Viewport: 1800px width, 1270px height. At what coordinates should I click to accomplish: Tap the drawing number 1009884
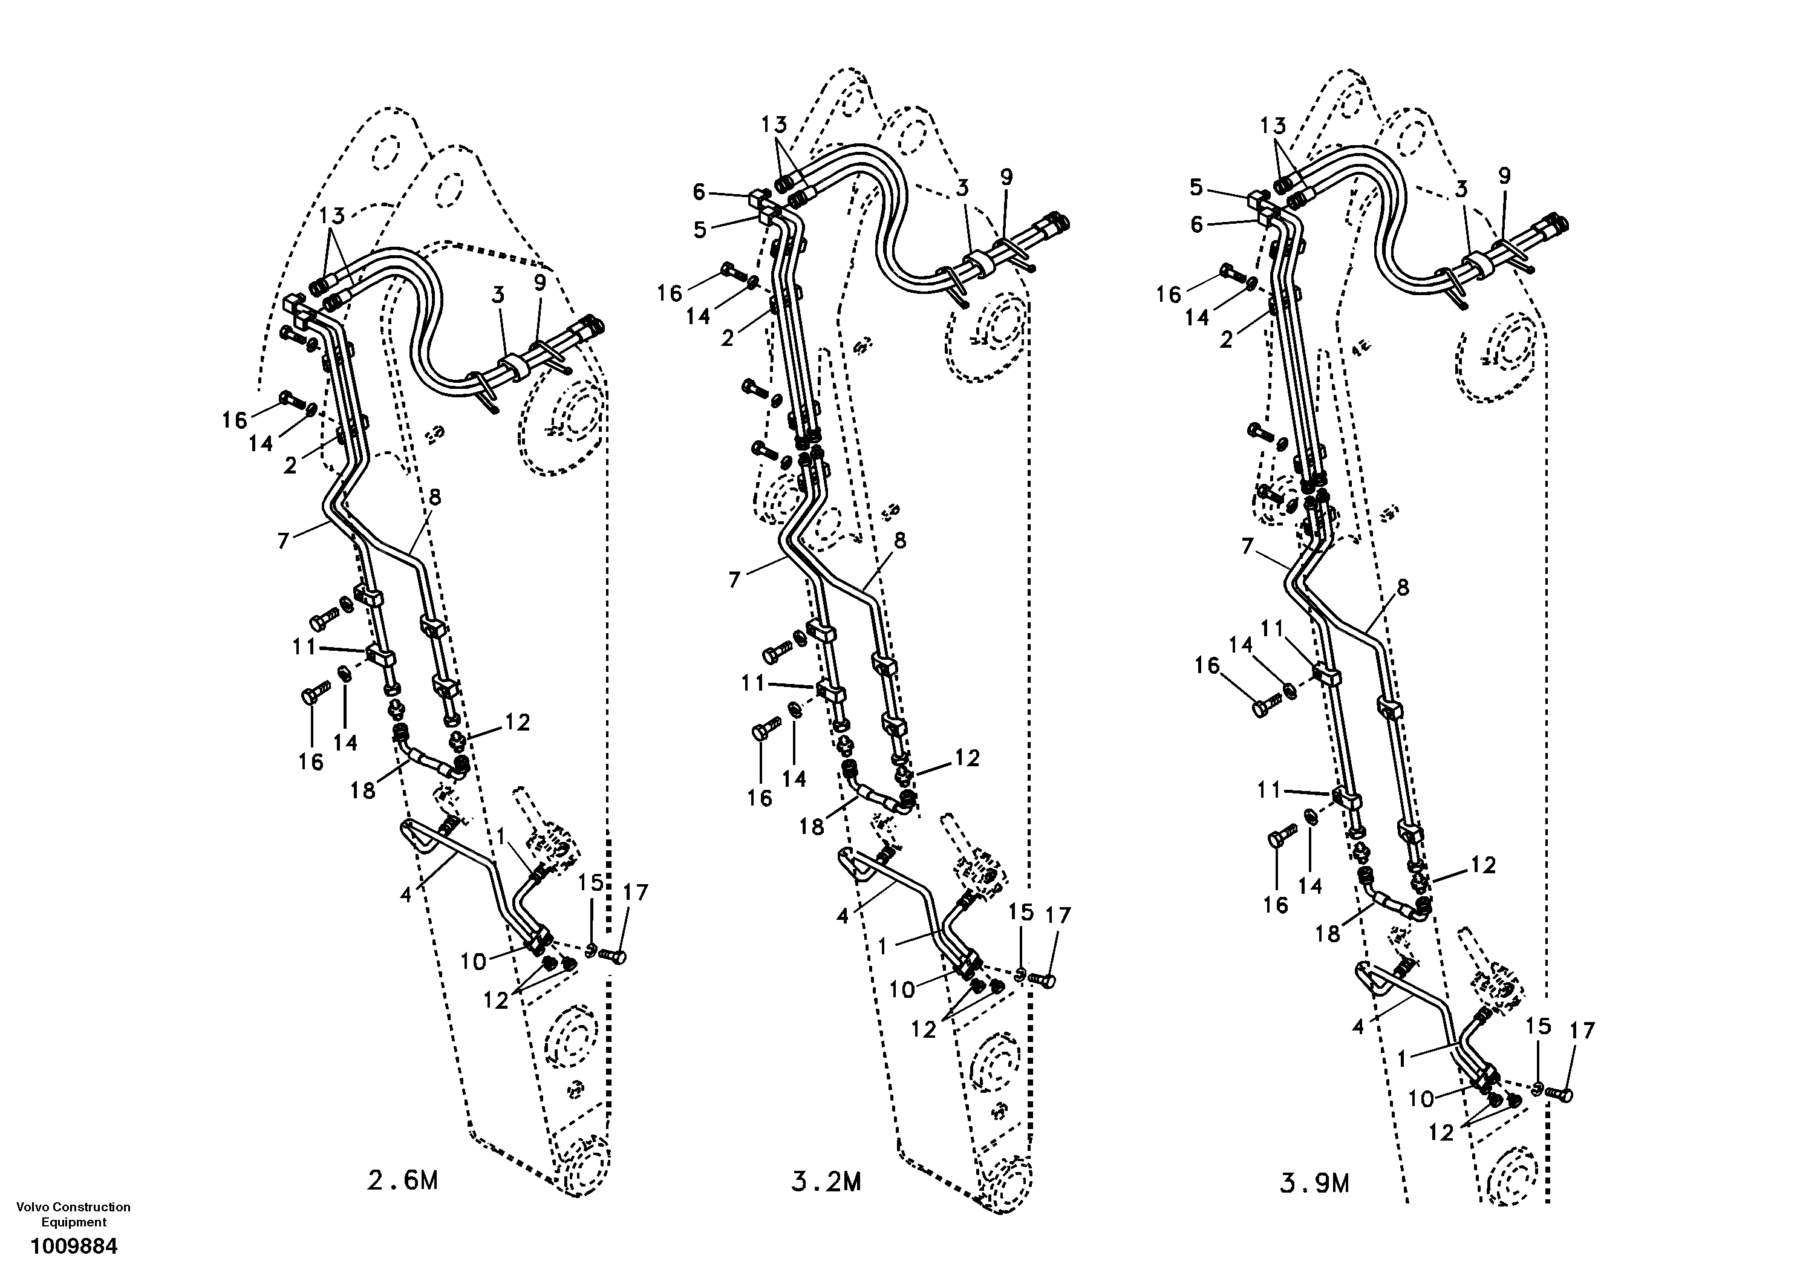[x=74, y=1246]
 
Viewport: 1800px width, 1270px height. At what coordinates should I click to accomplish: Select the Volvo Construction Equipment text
[x=74, y=1214]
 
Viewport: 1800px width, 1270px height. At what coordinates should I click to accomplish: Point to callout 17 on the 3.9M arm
[x=1583, y=1030]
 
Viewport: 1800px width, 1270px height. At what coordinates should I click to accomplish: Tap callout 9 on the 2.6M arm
[x=540, y=283]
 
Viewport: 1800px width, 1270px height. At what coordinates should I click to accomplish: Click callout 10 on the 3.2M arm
[x=902, y=989]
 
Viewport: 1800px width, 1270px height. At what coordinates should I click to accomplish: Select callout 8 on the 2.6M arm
[x=434, y=497]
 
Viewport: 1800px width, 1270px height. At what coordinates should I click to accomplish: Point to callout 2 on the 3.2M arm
[x=728, y=339]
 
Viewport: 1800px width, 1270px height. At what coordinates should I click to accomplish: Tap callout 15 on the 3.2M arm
[x=1021, y=912]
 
